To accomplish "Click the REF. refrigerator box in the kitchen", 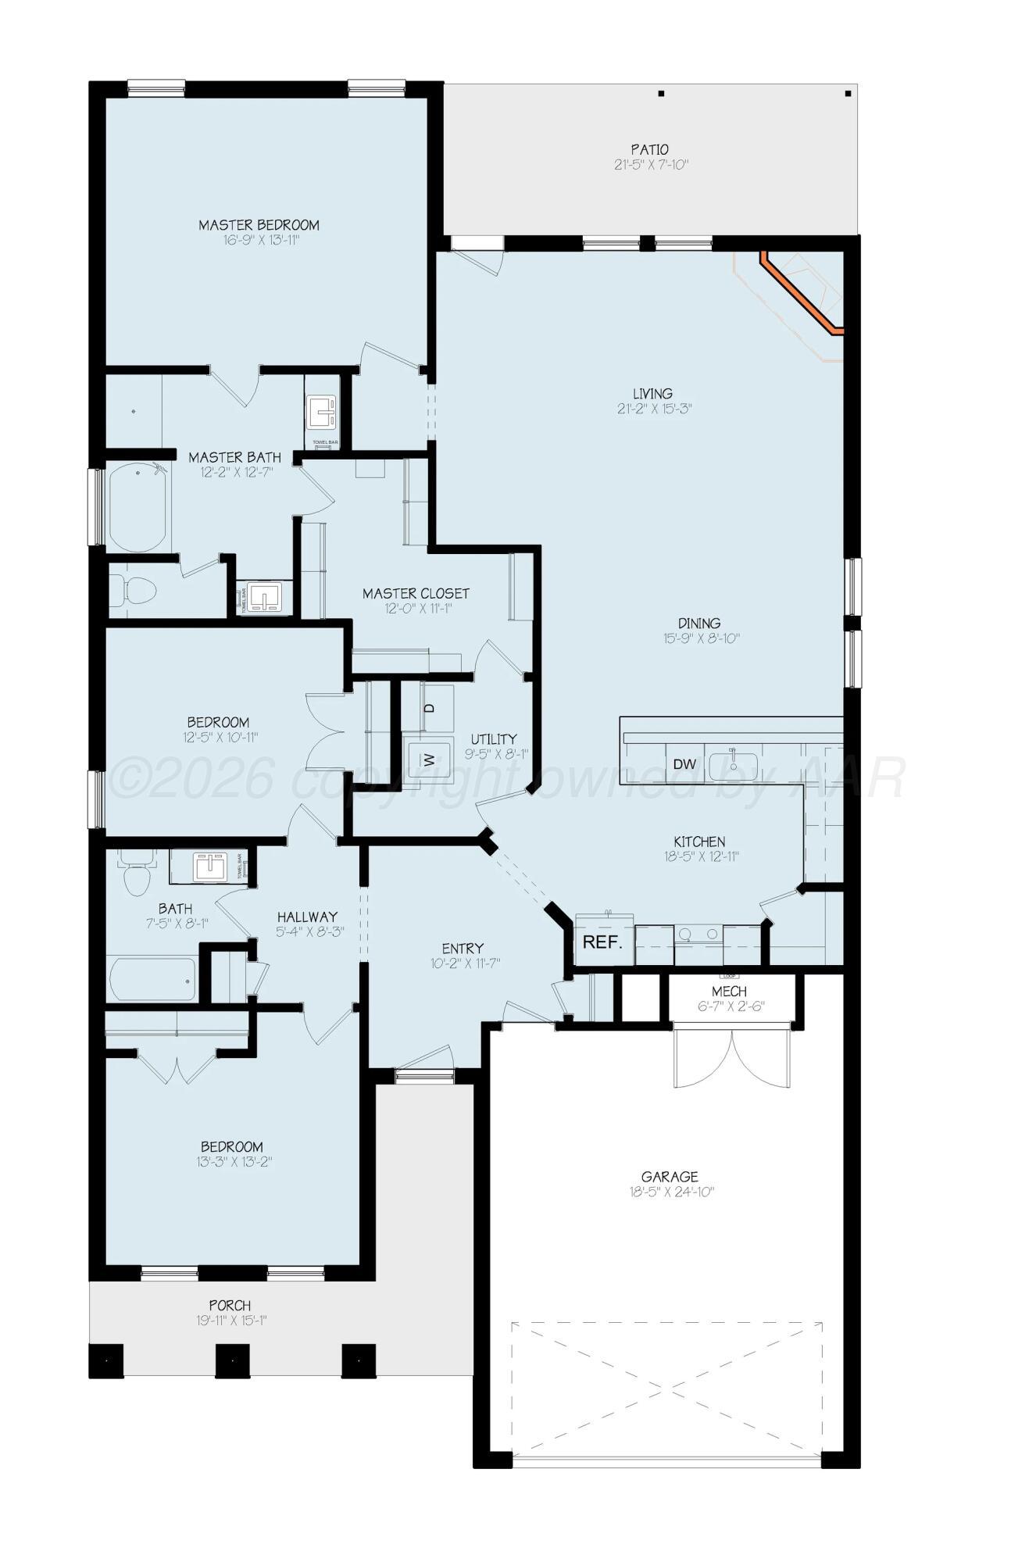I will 602,942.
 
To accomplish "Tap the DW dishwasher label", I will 684,764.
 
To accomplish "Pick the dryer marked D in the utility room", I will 429,708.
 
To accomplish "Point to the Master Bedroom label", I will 259,225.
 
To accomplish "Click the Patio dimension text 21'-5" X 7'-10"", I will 650,165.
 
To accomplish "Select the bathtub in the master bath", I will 139,508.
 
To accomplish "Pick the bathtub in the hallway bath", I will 153,978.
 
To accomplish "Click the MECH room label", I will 728,991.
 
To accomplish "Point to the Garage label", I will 670,1176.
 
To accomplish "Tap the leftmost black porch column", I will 106,1360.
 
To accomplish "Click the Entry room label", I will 463,949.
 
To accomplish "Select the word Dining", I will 698,623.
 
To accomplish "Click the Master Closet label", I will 416,594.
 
